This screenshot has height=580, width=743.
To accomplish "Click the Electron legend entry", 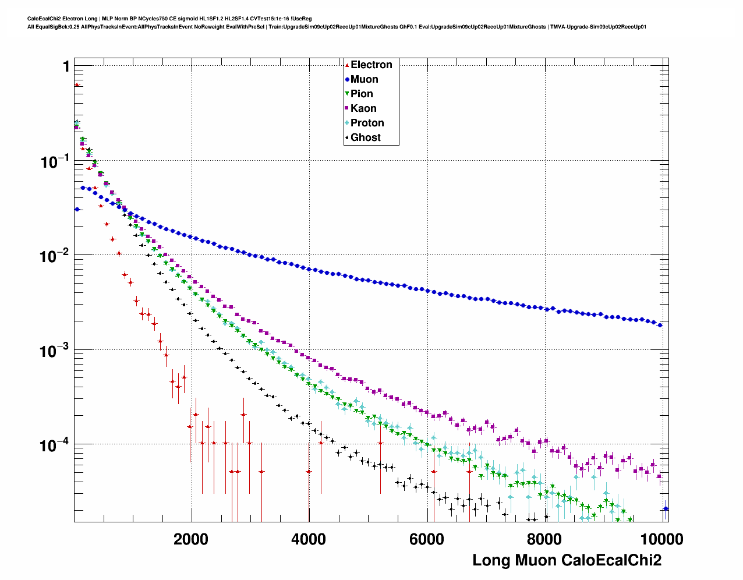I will point(371,65).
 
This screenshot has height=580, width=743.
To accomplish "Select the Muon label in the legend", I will point(364,79).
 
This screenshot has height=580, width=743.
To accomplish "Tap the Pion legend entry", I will point(361,94).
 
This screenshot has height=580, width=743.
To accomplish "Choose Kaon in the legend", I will point(363,108).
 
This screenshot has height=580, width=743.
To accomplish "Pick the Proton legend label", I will point(367,123).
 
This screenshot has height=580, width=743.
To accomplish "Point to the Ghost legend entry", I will point(365,137).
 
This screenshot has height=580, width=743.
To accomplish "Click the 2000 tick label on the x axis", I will point(191,539).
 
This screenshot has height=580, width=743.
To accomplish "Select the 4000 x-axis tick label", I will point(309,539).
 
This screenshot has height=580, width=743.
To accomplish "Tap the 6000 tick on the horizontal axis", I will point(426,539).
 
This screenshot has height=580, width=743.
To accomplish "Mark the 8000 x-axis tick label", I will point(544,539).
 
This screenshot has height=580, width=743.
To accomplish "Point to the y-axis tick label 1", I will point(66,67).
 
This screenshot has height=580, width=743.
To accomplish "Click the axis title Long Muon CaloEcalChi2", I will point(567,560).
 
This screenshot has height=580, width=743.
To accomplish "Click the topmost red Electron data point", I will point(76,85).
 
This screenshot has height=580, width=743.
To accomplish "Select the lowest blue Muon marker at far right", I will point(666,508).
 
